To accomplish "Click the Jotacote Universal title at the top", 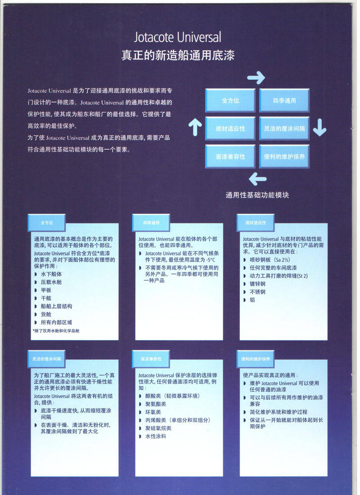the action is point(177,37).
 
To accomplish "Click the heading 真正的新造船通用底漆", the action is point(178,55).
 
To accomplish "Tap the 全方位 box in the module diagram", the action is point(230,100).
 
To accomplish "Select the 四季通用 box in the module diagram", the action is point(284,100).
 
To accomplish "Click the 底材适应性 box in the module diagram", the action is point(230,129).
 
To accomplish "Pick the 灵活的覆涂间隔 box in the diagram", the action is point(284,129).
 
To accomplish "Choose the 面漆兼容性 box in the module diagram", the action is point(230,157).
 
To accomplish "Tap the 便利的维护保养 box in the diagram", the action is point(284,157).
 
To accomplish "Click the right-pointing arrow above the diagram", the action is point(256,77).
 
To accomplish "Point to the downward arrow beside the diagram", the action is point(319,127).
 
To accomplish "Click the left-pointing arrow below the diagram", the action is point(257,179).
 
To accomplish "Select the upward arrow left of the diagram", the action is point(195,127).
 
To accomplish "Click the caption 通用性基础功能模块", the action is point(257,195).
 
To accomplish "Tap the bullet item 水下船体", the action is point(51,274).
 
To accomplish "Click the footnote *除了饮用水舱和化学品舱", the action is point(56,331).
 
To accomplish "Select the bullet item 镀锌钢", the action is point(258,284).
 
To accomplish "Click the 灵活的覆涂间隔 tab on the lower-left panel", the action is point(46,359).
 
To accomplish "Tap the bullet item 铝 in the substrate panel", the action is point(252,300).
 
